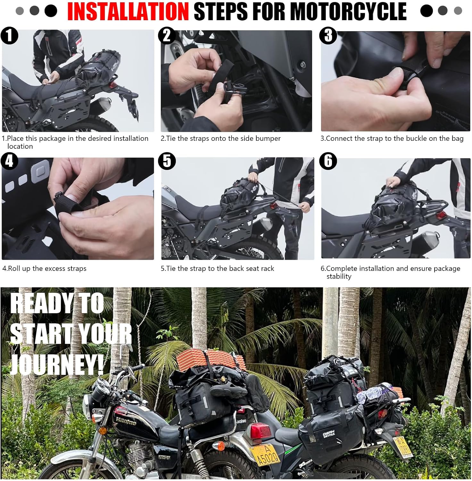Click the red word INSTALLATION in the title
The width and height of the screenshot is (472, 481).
(x=128, y=12)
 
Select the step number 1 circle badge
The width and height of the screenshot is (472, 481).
(x=9, y=35)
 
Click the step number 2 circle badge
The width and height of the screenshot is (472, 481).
(x=167, y=35)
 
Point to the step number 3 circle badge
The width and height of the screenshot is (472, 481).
(x=328, y=35)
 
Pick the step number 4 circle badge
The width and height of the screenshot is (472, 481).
(x=9, y=161)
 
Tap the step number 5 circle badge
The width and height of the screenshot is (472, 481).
(x=167, y=161)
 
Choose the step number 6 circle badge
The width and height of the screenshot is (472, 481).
(x=328, y=161)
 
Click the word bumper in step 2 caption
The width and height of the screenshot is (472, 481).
(x=268, y=139)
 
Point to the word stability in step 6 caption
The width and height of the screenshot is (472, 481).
(x=339, y=276)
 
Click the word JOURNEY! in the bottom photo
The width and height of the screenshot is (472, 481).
(x=57, y=364)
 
